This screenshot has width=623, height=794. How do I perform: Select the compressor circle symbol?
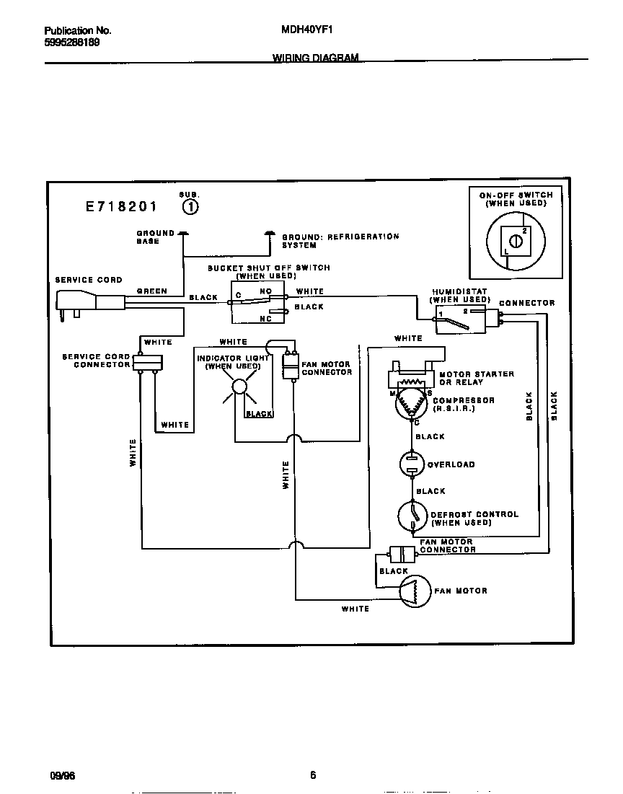click(x=412, y=405)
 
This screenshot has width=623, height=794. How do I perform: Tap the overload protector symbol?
click(x=412, y=464)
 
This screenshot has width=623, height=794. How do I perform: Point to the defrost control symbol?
click(x=412, y=516)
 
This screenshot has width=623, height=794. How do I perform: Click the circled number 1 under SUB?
click(x=190, y=208)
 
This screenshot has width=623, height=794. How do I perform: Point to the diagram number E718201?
click(x=121, y=207)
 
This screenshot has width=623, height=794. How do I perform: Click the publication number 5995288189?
click(x=72, y=43)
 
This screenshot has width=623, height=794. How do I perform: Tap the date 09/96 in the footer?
click(x=62, y=776)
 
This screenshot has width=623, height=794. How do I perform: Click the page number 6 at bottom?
click(x=313, y=776)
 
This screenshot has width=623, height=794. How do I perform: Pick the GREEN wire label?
click(x=152, y=291)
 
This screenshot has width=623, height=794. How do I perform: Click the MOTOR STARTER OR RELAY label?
click(x=477, y=378)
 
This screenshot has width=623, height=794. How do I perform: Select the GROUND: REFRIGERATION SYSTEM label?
click(x=340, y=241)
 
